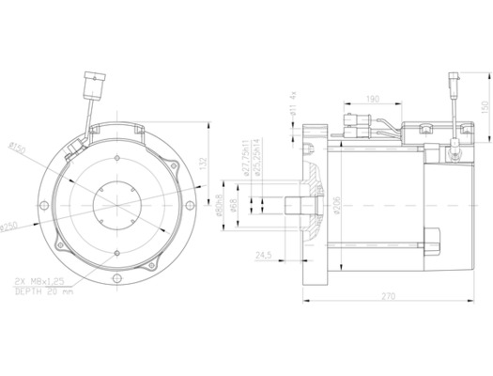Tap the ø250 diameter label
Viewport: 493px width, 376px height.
pyautogui.click(x=11, y=227)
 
